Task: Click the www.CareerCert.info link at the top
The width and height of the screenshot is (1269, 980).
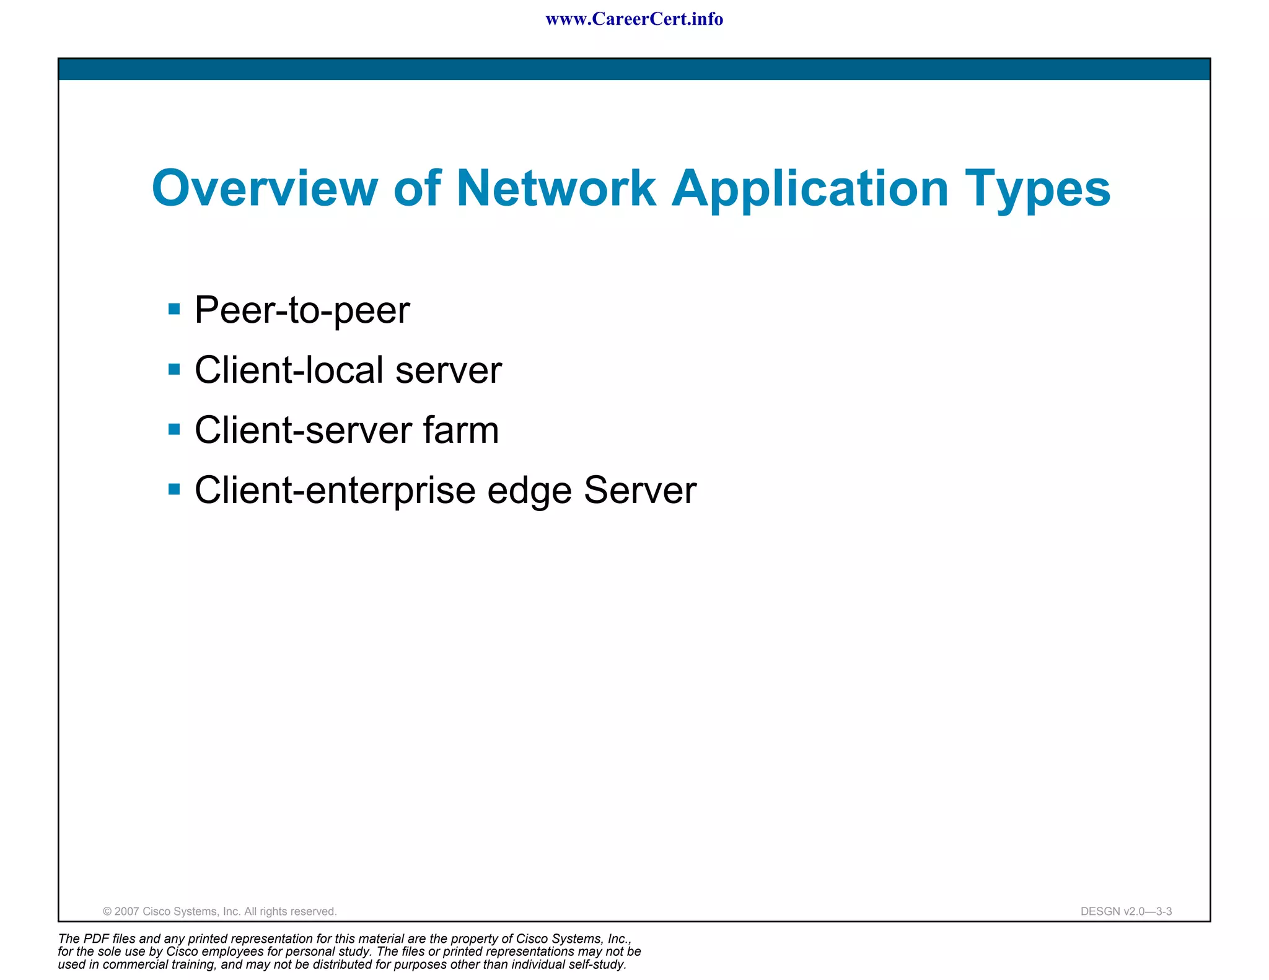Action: coord(634,19)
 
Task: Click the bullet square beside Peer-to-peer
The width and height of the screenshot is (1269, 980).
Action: coord(174,308)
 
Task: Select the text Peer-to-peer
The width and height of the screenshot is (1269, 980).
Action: coord(302,310)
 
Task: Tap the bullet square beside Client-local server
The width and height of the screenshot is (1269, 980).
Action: coord(174,369)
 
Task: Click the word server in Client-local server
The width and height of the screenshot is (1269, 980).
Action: coord(448,370)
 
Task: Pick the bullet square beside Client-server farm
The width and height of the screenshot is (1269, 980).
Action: coord(174,429)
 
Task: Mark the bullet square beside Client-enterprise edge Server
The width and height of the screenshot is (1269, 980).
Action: coord(174,489)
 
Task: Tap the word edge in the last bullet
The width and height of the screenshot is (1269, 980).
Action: coord(529,491)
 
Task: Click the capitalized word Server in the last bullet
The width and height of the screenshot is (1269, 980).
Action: coord(640,490)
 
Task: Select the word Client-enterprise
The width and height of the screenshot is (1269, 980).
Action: coord(335,491)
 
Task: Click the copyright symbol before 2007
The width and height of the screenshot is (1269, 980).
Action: coord(107,911)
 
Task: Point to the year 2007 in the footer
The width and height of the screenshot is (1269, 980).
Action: coord(127,911)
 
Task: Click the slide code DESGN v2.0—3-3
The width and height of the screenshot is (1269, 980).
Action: coord(1126,911)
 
